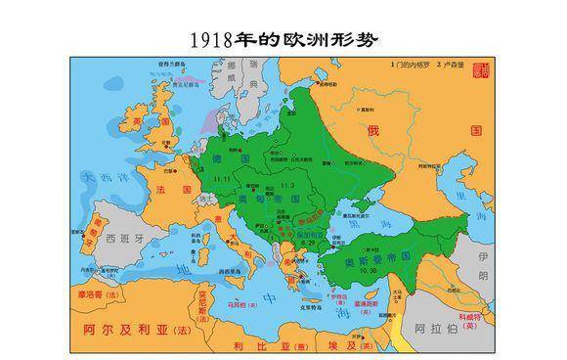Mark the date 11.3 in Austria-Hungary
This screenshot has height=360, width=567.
(287, 184)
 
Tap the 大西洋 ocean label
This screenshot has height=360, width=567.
(104, 179)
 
